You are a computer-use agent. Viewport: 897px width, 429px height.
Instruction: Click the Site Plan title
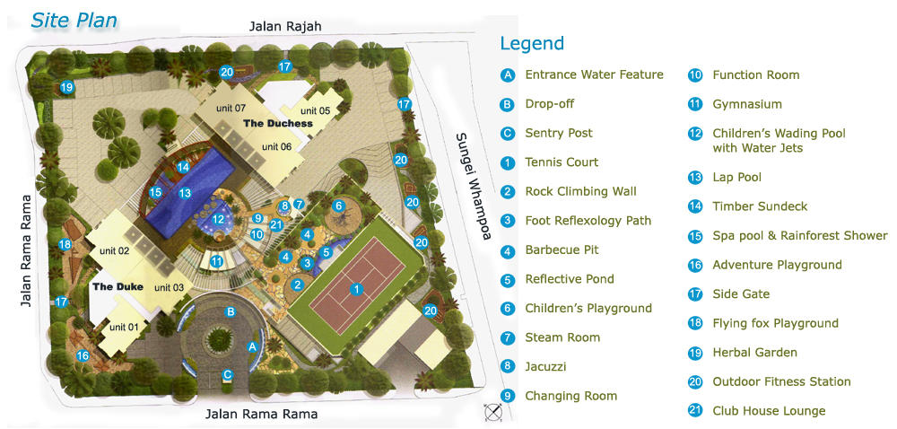pyautogui.click(x=74, y=20)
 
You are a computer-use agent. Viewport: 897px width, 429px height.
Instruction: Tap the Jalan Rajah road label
pyautogui.click(x=285, y=26)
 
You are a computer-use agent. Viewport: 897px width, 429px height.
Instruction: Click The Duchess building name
pyautogui.click(x=278, y=123)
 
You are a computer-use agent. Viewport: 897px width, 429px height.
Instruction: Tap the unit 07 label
pyautogui.click(x=231, y=109)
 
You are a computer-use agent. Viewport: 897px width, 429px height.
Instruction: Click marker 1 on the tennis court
pyautogui.click(x=356, y=289)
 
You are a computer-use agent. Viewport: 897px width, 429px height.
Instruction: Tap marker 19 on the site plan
pyautogui.click(x=66, y=87)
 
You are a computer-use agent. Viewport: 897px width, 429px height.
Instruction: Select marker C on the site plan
pyautogui.click(x=229, y=375)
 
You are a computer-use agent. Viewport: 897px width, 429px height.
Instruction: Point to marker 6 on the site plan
pyautogui.click(x=338, y=206)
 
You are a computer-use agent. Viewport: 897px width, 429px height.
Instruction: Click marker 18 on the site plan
pyautogui.click(x=65, y=244)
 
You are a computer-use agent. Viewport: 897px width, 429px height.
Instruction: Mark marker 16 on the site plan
pyautogui.click(x=83, y=356)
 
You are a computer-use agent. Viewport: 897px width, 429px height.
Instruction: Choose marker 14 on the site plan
pyautogui.click(x=183, y=167)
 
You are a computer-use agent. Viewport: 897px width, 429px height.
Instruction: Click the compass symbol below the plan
pyautogui.click(x=492, y=412)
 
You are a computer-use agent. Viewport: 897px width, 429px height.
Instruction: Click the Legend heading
pyautogui.click(x=532, y=43)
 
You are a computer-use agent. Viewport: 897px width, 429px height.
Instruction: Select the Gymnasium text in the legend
pyautogui.click(x=746, y=104)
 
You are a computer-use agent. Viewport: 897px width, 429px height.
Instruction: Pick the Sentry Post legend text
pyautogui.click(x=558, y=133)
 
